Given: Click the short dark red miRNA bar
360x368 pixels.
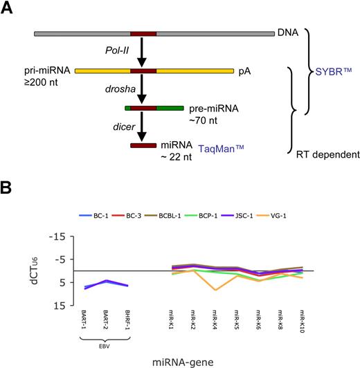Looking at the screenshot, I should click(x=143, y=145).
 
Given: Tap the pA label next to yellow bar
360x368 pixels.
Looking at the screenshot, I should click(x=243, y=71).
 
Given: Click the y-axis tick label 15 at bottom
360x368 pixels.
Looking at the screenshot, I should click(x=67, y=304).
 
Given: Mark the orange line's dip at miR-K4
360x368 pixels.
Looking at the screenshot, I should click(x=216, y=289).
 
